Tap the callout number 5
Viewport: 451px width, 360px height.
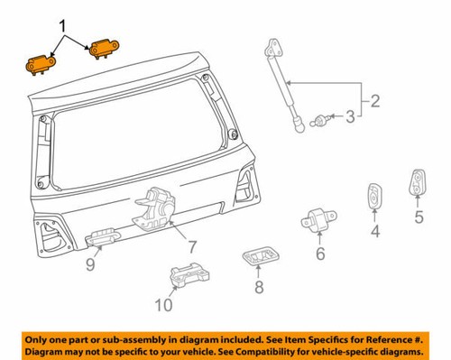[419, 217]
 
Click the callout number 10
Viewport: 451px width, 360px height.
[161, 306]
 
